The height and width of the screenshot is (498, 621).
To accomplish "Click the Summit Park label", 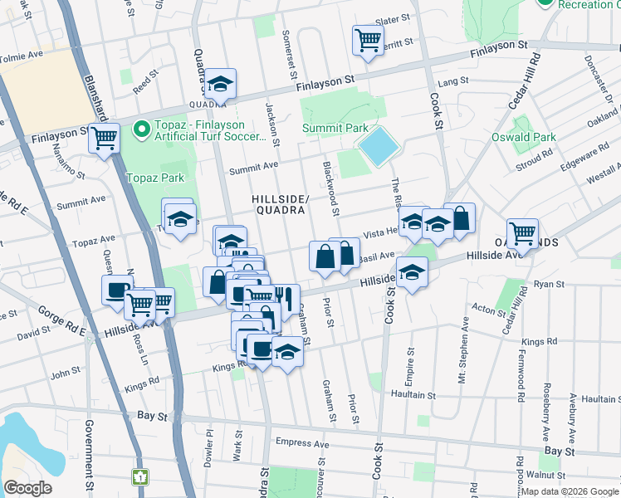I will pos(335,129).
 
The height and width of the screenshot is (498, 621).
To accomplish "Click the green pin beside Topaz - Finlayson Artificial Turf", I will pos(141,129).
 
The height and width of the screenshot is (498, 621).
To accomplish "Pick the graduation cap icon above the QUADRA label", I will pos(221,84).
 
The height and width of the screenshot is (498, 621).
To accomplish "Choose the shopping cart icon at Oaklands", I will pos(522,235).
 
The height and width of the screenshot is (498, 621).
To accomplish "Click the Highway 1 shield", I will pos(141,477).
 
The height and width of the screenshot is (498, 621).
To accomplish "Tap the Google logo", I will pos(27,488).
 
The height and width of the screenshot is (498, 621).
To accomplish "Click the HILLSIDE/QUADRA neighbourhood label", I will pos(281,204).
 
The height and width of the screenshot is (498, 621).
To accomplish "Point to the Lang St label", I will pos(448,82).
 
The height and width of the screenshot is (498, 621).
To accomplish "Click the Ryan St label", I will pos(549,284).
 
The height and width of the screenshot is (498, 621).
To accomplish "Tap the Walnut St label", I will pos(550,475).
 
